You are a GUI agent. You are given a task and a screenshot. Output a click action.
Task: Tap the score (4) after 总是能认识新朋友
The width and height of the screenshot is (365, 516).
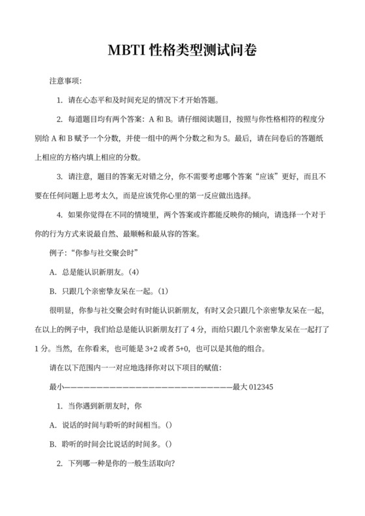click(x=147, y=271)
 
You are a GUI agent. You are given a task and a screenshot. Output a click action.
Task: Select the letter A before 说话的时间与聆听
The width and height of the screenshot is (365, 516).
click(x=52, y=425)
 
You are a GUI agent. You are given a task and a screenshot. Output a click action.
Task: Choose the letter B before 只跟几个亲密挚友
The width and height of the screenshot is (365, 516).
click(x=52, y=291)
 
